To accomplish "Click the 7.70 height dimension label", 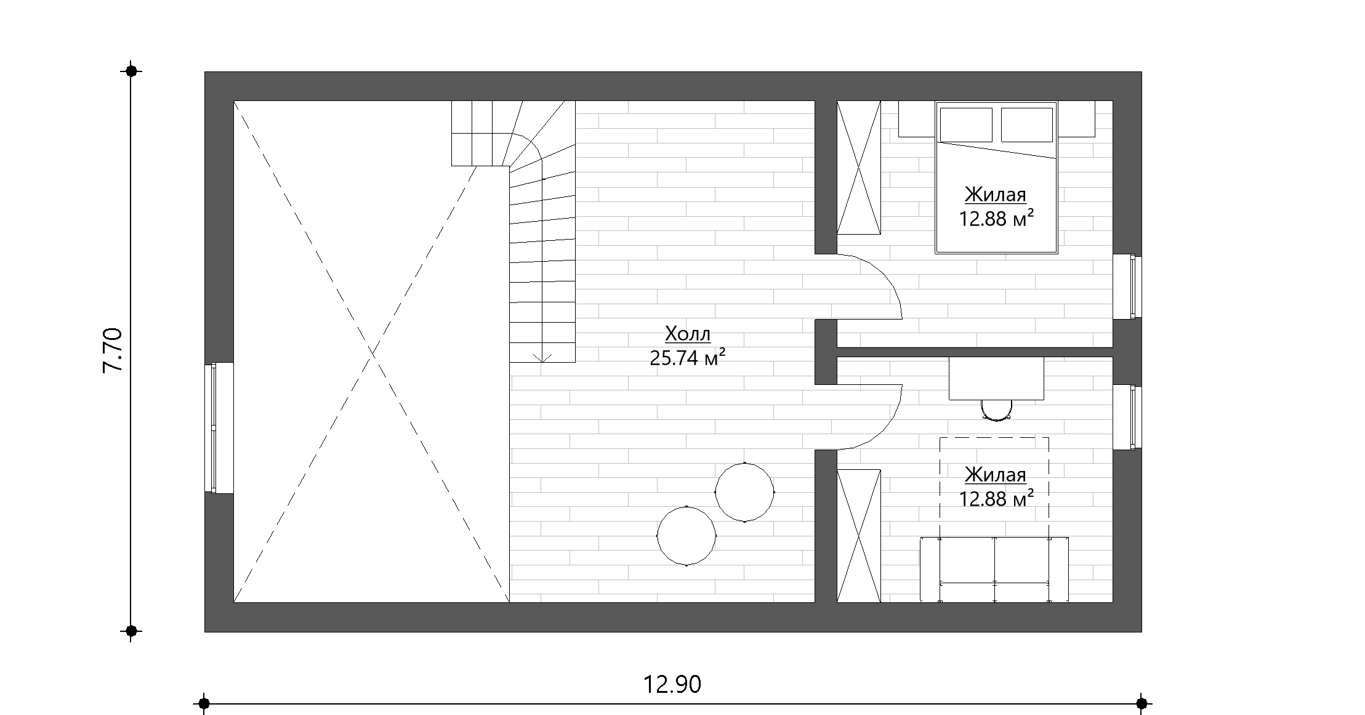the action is tap(113, 350).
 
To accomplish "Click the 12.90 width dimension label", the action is tap(672, 684).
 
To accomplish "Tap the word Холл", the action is tap(688, 334).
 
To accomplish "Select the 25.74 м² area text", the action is tap(687, 358).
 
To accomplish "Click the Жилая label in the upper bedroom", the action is tap(996, 195).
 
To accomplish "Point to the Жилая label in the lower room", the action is tap(996, 475).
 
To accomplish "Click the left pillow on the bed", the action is tap(966, 125).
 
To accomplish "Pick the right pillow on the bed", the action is tap(1026, 125).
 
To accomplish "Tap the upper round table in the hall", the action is tap(745, 492).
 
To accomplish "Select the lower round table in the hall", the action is tap(687, 536).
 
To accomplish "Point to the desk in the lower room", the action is tap(996, 379).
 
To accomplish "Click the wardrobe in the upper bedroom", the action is tap(858, 168).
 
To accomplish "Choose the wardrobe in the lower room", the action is tap(858, 536).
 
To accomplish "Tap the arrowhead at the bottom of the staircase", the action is tap(542, 357).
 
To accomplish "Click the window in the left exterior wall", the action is tap(214, 427).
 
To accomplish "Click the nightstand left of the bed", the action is tap(917, 119).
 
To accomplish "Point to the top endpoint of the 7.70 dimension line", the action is tap(131, 71).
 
